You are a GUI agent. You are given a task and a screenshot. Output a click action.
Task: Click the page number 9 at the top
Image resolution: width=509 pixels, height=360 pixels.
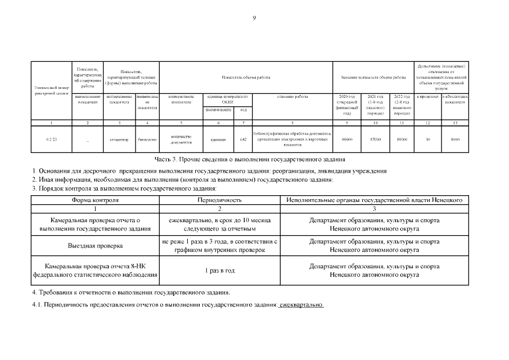pyautogui.click(x=254, y=19)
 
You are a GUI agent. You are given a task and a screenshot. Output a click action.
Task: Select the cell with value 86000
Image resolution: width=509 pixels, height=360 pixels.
pyautogui.click(x=347, y=139)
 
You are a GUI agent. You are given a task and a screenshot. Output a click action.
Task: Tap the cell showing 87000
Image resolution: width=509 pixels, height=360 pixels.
pyautogui.click(x=375, y=139)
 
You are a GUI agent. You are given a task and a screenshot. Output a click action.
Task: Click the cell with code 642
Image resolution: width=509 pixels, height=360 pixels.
pyautogui.click(x=243, y=139)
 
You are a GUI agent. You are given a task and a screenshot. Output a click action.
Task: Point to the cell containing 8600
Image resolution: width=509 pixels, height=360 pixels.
pyautogui.click(x=455, y=139)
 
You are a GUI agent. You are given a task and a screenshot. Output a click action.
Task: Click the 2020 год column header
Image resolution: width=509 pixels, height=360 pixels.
pyautogui.click(x=347, y=105)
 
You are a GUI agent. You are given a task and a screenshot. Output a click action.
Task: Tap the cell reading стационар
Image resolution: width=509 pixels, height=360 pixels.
pyautogui.click(x=119, y=139)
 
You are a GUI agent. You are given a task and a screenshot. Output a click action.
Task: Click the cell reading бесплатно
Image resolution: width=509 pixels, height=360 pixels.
pyautogui.click(x=147, y=139)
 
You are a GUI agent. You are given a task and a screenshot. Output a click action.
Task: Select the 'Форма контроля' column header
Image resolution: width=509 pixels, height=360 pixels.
pyautogui.click(x=95, y=200)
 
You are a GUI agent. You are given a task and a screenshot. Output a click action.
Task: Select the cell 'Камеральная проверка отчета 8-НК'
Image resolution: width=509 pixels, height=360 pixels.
pyautogui.click(x=95, y=271)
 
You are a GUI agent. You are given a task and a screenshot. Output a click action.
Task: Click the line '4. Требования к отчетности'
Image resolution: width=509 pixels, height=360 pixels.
pyautogui.click(x=131, y=292)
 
